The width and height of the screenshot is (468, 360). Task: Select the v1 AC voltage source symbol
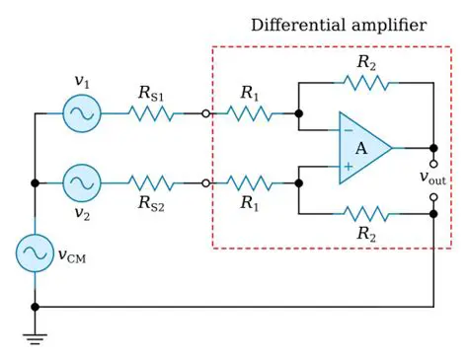[81, 114]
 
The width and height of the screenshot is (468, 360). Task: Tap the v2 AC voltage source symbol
[81, 182]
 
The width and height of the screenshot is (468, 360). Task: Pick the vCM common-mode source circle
[35, 254]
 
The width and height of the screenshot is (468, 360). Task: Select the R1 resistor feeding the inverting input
[251, 114]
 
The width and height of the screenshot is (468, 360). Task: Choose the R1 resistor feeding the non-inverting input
[251, 182]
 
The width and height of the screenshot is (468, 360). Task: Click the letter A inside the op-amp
[361, 148]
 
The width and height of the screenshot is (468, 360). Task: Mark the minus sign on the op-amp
[348, 130]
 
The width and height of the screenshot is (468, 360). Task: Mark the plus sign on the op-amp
[348, 167]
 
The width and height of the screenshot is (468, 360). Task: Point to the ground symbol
[35, 338]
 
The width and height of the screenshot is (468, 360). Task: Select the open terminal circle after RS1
[204, 114]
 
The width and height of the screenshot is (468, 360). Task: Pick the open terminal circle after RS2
[204, 182]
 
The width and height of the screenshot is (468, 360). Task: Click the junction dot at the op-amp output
[432, 148]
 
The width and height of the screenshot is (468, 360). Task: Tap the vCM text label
[72, 255]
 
